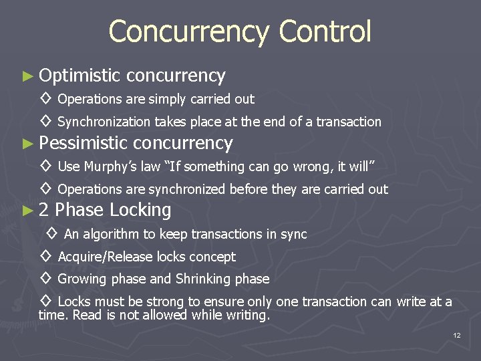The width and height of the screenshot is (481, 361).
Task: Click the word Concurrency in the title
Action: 189,31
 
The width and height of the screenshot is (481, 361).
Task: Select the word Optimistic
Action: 79,76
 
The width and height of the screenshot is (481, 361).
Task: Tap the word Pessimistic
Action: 83,143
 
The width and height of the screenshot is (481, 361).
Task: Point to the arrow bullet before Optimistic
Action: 27,76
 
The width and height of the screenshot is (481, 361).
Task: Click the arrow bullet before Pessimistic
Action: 27,144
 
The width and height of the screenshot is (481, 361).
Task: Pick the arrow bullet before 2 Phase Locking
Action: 27,211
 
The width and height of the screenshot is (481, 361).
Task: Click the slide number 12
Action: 456,335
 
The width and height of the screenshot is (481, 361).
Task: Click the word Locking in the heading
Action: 140,211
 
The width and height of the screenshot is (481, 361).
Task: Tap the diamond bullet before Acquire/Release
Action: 45,257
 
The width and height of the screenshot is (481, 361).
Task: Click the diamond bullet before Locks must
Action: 45,302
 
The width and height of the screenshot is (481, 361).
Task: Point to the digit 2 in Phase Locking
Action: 43,211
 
